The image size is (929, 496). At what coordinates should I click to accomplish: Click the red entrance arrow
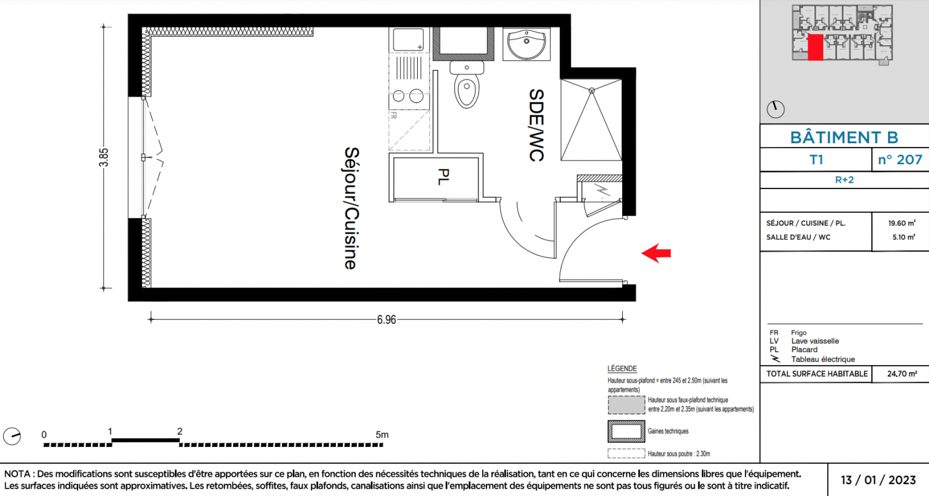pos(656,253)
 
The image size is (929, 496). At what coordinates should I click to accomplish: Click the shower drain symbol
pos(592,91)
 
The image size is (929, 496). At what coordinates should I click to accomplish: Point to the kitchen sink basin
pos(408,40)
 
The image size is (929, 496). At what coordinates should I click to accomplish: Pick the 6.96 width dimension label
pos(386,319)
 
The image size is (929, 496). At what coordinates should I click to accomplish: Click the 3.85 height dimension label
pos(103,157)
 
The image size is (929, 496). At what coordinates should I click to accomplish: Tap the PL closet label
pos(443,177)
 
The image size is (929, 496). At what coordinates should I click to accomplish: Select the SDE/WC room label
pos(536,125)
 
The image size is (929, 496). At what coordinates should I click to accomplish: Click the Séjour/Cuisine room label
pos(351,208)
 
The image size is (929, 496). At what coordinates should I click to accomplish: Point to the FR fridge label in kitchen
pos(393,116)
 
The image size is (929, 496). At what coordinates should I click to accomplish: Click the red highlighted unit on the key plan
pos(816,47)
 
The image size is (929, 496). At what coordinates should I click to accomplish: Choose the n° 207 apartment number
pos(900,160)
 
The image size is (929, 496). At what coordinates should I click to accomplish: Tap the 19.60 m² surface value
pos(902,223)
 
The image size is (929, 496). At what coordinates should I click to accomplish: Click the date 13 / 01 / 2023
pos(878,480)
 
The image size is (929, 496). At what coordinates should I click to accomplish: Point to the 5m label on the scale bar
pos(382,435)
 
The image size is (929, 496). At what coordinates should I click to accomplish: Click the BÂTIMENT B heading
pos(844,138)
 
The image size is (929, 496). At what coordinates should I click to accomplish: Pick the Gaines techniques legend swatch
pos(626,432)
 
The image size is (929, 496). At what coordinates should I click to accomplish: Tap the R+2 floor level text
pos(844,180)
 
